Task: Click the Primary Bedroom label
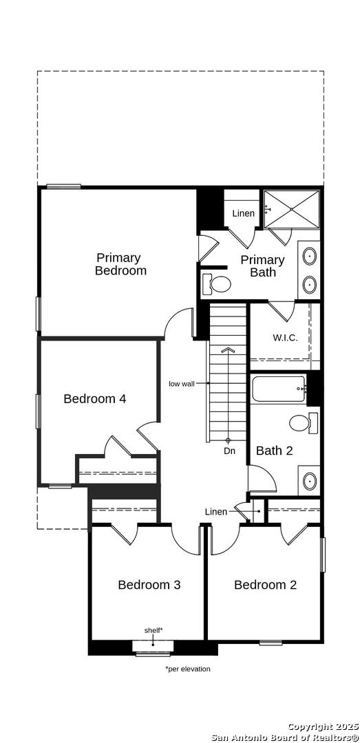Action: pyautogui.click(x=120, y=264)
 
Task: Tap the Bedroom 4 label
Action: pyautogui.click(x=95, y=398)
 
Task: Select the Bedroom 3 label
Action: pyautogui.click(x=149, y=585)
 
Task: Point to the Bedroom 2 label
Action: pyautogui.click(x=265, y=585)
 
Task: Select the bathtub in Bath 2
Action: pyautogui.click(x=279, y=389)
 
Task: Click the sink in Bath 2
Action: pyautogui.click(x=309, y=481)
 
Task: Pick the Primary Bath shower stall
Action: pyautogui.click(x=292, y=209)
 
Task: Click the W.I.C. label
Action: pyautogui.click(x=285, y=338)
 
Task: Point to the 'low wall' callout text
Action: pyautogui.click(x=182, y=384)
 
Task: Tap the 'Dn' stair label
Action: pyautogui.click(x=230, y=451)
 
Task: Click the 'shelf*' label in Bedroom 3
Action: pyautogui.click(x=153, y=630)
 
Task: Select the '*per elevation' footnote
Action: pyautogui.click(x=188, y=669)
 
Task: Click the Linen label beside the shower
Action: pyautogui.click(x=243, y=214)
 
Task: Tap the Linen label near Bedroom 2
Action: pyautogui.click(x=216, y=512)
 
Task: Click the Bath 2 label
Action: pyautogui.click(x=275, y=451)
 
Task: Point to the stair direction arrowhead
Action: pyautogui.click(x=228, y=350)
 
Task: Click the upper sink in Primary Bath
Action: pyautogui.click(x=309, y=257)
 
